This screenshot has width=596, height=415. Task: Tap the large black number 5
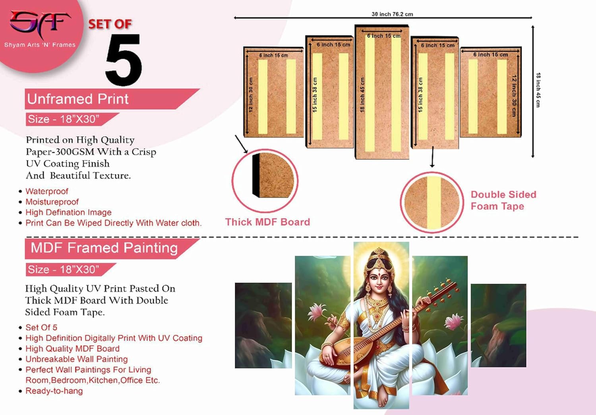pos(123,60)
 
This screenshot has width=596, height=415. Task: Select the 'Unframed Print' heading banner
pos(78,99)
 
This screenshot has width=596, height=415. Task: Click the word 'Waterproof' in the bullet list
pos(47,192)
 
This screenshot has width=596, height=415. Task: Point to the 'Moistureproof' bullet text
pos(52,202)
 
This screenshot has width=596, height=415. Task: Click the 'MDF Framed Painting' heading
pos(104,248)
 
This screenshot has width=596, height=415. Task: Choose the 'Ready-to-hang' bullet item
pos(54,391)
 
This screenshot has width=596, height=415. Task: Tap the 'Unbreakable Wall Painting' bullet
pos(77,359)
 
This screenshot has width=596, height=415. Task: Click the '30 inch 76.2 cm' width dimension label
pos(392,14)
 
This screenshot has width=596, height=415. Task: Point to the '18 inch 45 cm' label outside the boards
pos(538,90)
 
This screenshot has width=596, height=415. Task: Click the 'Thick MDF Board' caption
pos(267,222)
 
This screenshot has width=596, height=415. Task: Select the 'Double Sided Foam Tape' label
pos(503,200)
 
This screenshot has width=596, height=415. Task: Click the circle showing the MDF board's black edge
pos(265,180)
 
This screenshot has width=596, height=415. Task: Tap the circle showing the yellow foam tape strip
pos(432,202)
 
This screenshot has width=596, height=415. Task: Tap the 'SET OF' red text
pos(110,24)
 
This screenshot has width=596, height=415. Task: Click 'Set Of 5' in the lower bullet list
pos(41,328)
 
